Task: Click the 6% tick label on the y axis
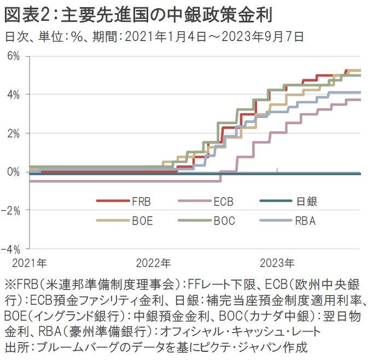13,56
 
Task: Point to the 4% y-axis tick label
13,95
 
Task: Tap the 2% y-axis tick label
13,133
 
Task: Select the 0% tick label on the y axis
13,172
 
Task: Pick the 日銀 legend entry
307,201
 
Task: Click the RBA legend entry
306,221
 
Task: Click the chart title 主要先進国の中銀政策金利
168,14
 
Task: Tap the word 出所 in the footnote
16,346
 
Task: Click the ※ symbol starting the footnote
10,286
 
